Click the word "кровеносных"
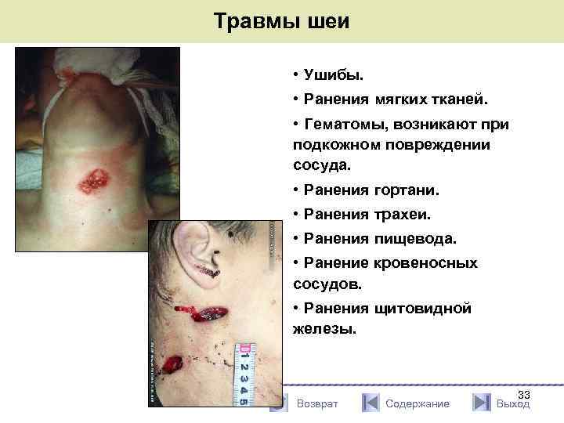426,262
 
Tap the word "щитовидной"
423,308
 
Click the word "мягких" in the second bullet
396,100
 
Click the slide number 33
524,395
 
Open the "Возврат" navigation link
317,403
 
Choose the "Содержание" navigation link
418,403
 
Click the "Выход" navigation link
513,403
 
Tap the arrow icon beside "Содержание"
371,403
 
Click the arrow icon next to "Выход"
482,403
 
